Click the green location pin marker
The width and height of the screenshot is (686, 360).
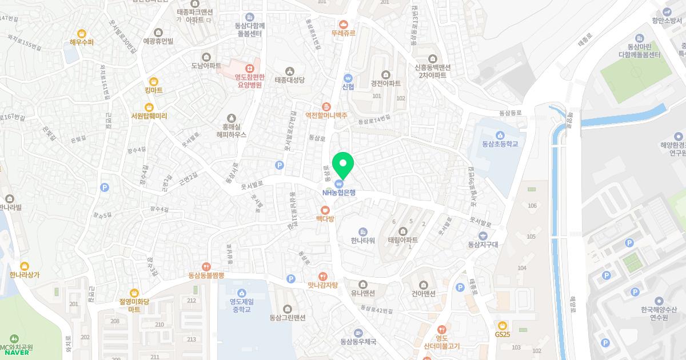coord(342,163)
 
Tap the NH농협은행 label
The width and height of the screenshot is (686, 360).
coord(338,193)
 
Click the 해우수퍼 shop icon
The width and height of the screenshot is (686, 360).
coord(82,34)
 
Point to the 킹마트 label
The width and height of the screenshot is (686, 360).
coord(153,90)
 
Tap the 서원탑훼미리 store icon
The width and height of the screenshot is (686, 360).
coord(149,107)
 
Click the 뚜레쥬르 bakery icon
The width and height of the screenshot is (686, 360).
coord(343,25)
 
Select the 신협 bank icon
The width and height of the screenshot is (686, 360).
coord(348,78)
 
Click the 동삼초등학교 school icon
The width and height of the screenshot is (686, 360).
coord(500,135)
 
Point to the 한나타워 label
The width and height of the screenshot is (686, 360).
coord(363,241)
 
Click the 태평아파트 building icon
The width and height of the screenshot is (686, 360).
coord(402,231)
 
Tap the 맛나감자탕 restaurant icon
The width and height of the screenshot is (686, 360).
coord(323,276)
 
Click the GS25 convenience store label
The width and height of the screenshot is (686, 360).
coord(502,334)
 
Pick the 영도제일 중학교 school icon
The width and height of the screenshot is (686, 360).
coord(241,293)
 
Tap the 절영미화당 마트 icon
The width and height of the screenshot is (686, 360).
coord(134,293)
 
